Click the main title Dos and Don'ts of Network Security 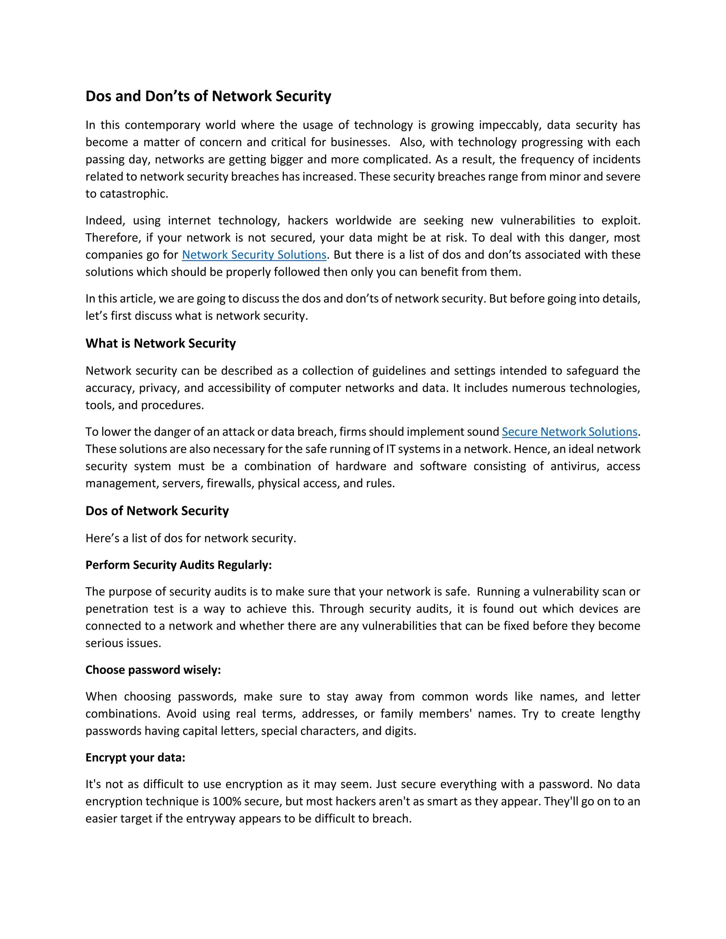(208, 96)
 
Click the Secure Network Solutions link (569, 432)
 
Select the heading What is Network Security (161, 343)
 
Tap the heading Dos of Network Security (157, 511)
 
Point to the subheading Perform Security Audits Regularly (179, 565)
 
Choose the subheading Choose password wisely (153, 670)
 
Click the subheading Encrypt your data (135, 758)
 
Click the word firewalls (230, 483)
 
